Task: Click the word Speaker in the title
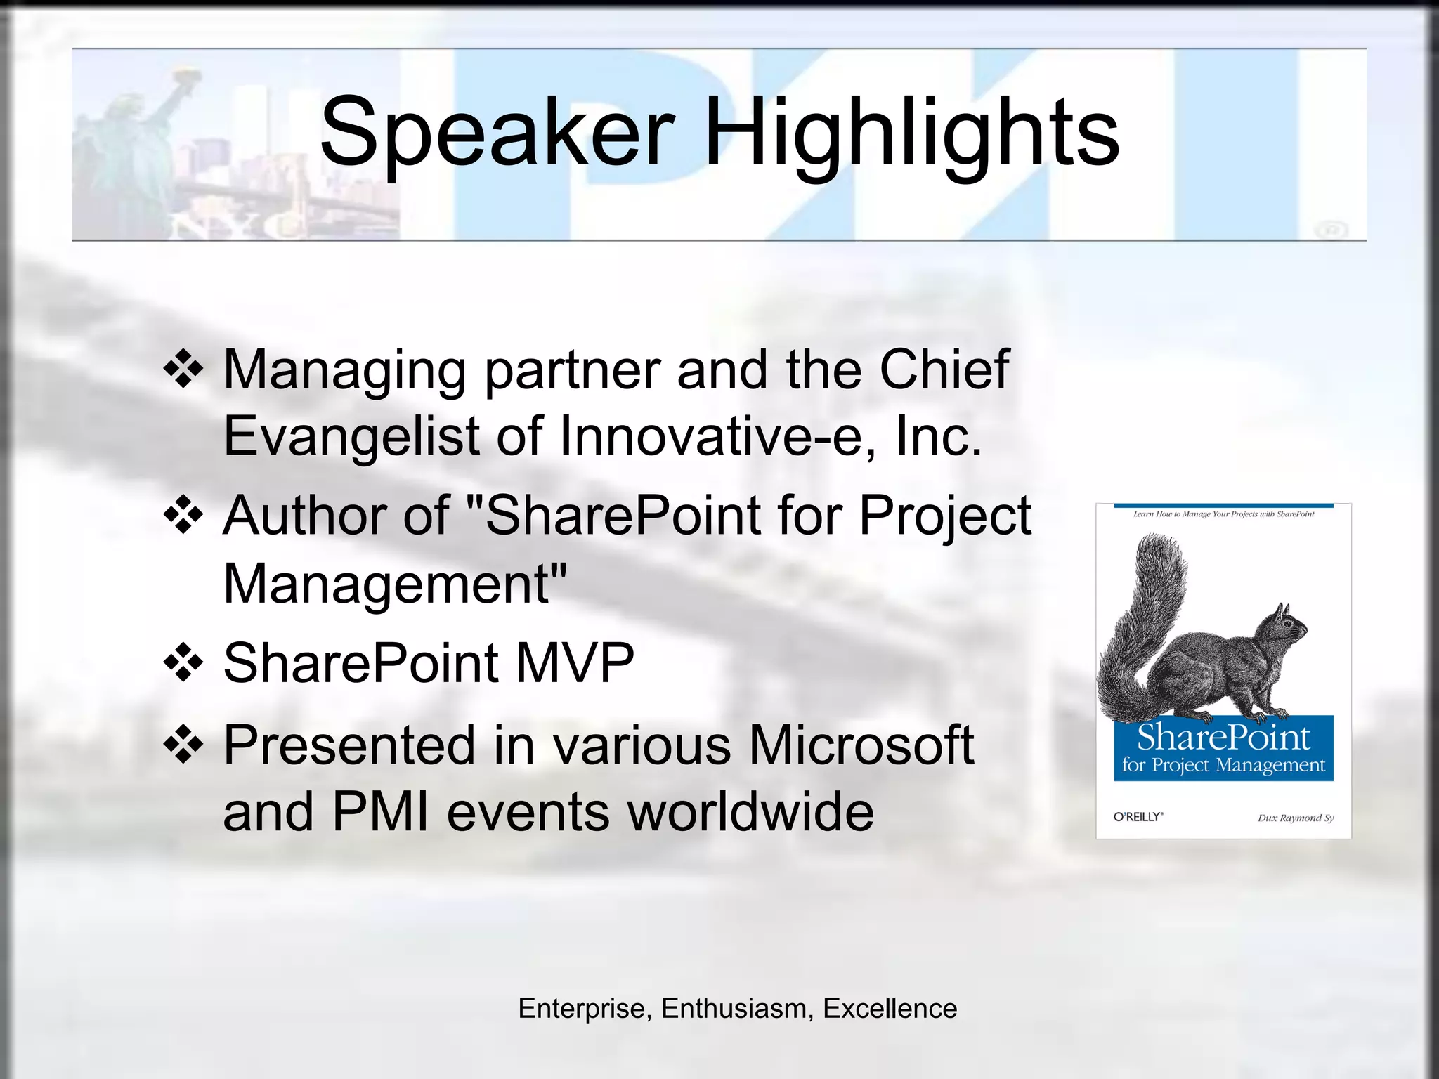tap(497, 133)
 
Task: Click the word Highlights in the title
tap(911, 133)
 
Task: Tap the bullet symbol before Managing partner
tap(183, 369)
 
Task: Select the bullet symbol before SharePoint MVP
tap(183, 662)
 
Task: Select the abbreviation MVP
tap(575, 662)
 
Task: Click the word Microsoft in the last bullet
tap(861, 745)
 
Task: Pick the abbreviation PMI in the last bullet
tap(380, 812)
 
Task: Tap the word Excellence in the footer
tap(890, 1009)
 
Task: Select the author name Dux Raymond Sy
tap(1295, 818)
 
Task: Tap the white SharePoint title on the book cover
tap(1223, 738)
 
